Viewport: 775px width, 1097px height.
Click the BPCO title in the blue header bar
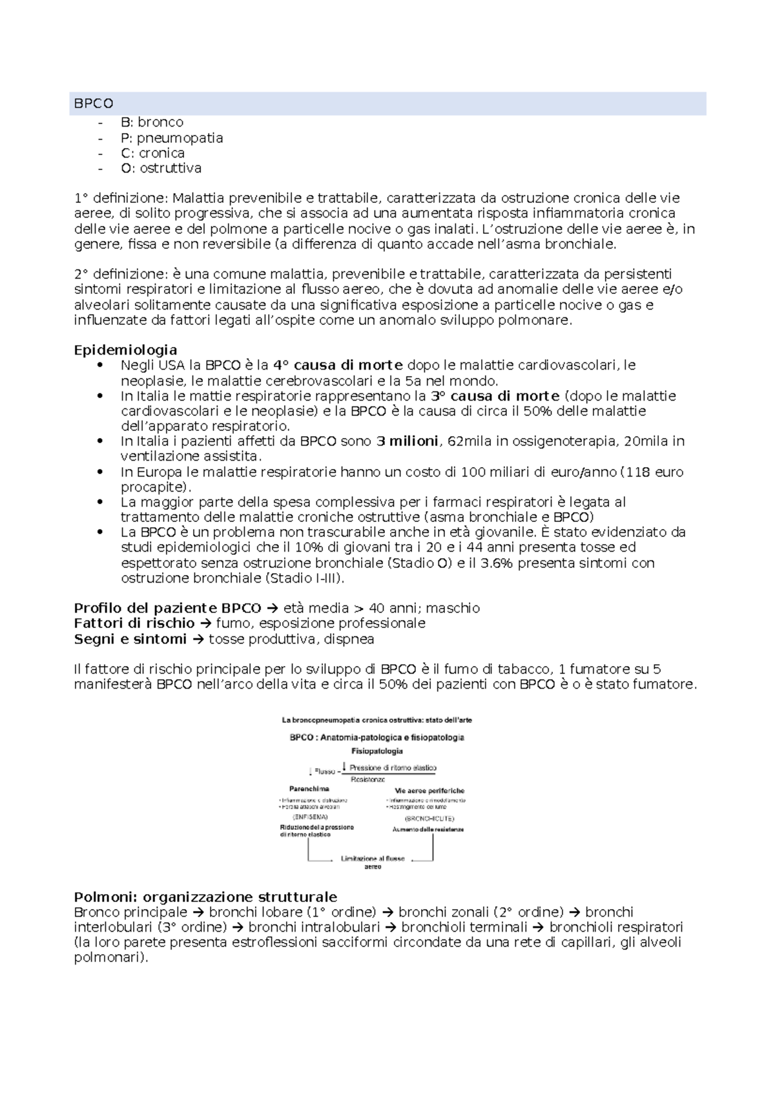[x=94, y=103]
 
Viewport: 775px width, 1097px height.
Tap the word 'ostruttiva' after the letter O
[x=170, y=168]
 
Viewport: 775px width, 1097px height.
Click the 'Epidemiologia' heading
[x=125, y=350]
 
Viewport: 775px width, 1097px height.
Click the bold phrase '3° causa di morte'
[x=495, y=396]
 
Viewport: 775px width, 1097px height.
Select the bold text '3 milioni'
[x=407, y=441]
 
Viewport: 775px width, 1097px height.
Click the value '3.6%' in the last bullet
[x=497, y=563]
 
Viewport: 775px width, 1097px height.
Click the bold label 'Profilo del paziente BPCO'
[x=167, y=609]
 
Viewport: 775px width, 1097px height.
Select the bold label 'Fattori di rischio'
[x=134, y=623]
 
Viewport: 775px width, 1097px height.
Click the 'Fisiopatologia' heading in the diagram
[x=377, y=751]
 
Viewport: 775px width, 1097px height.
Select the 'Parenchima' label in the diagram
[x=309, y=789]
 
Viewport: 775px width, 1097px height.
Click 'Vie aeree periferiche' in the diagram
[x=429, y=790]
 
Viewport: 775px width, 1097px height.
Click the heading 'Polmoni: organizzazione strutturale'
[x=205, y=897]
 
